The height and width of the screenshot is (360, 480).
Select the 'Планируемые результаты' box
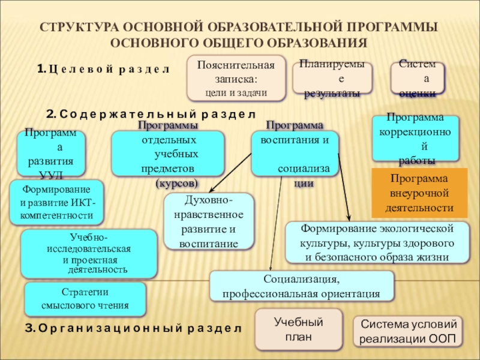(x=332, y=79)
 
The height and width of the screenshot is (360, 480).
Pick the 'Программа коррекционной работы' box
(x=415, y=139)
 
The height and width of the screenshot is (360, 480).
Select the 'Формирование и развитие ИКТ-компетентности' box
(x=56, y=202)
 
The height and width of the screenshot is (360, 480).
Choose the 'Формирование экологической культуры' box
(x=377, y=242)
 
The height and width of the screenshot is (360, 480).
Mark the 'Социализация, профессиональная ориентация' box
(x=301, y=286)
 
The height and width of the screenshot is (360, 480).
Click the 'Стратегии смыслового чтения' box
(x=85, y=299)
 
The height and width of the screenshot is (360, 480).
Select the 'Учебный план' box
(x=298, y=329)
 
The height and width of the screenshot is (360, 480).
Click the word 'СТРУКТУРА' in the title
(x=76, y=28)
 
